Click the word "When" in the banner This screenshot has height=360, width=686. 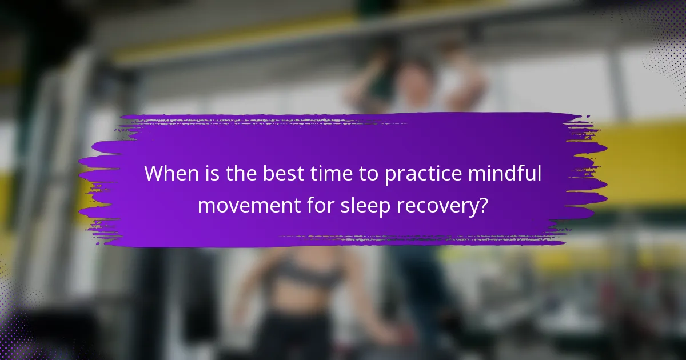(170, 174)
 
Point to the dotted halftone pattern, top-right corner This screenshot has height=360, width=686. (663, 34)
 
